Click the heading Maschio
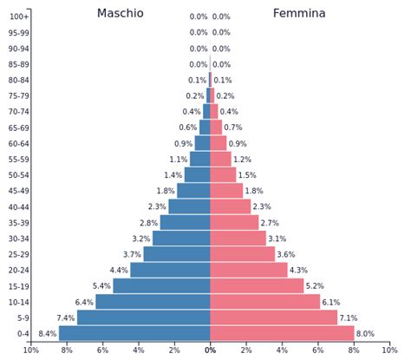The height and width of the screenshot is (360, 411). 121,14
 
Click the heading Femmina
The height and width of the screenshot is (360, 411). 299,14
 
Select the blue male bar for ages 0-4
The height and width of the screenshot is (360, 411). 134,333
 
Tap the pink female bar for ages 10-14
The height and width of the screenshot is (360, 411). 265,302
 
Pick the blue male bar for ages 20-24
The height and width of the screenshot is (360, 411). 170,270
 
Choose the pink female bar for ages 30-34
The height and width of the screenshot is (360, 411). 238,239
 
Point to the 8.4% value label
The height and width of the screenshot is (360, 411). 47,334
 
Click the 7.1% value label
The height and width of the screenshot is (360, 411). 349,318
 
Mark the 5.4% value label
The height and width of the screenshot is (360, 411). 101,286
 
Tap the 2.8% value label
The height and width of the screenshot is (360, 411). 148,223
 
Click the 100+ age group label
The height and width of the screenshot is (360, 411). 19,16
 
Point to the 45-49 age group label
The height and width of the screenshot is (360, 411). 18,191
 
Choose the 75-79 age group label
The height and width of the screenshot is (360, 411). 18,96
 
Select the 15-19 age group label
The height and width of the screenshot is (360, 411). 18,286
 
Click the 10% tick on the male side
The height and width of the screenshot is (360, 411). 30,350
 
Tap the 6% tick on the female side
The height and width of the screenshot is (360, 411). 318,350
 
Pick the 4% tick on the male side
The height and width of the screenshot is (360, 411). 139,350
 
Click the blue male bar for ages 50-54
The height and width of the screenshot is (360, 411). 198,175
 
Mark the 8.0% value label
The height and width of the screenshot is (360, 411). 365,334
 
